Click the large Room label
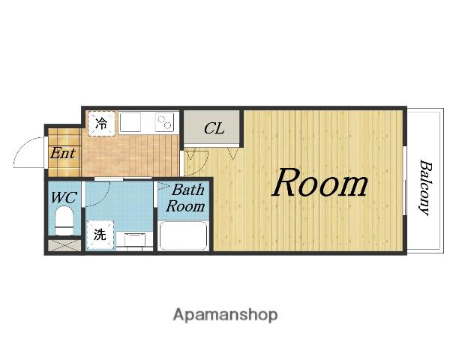point(320,183)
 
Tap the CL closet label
point(214,128)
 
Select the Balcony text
point(425,187)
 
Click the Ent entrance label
point(62,153)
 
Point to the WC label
point(64,198)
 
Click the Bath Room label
point(186,198)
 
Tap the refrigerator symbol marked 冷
point(101,124)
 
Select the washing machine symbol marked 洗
point(100,235)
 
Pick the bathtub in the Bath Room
point(184,236)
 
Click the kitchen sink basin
point(130,122)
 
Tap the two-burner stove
point(165,122)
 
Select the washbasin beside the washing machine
point(134,240)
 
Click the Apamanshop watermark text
point(225,315)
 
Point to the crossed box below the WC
point(64,246)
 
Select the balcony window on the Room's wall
point(405,181)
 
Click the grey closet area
point(211,127)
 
